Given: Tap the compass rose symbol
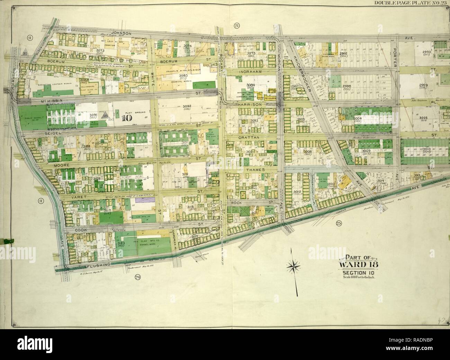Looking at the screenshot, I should click(294, 266).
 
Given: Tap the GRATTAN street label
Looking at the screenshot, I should click(246, 138).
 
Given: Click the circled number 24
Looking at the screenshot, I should click(137, 277).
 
